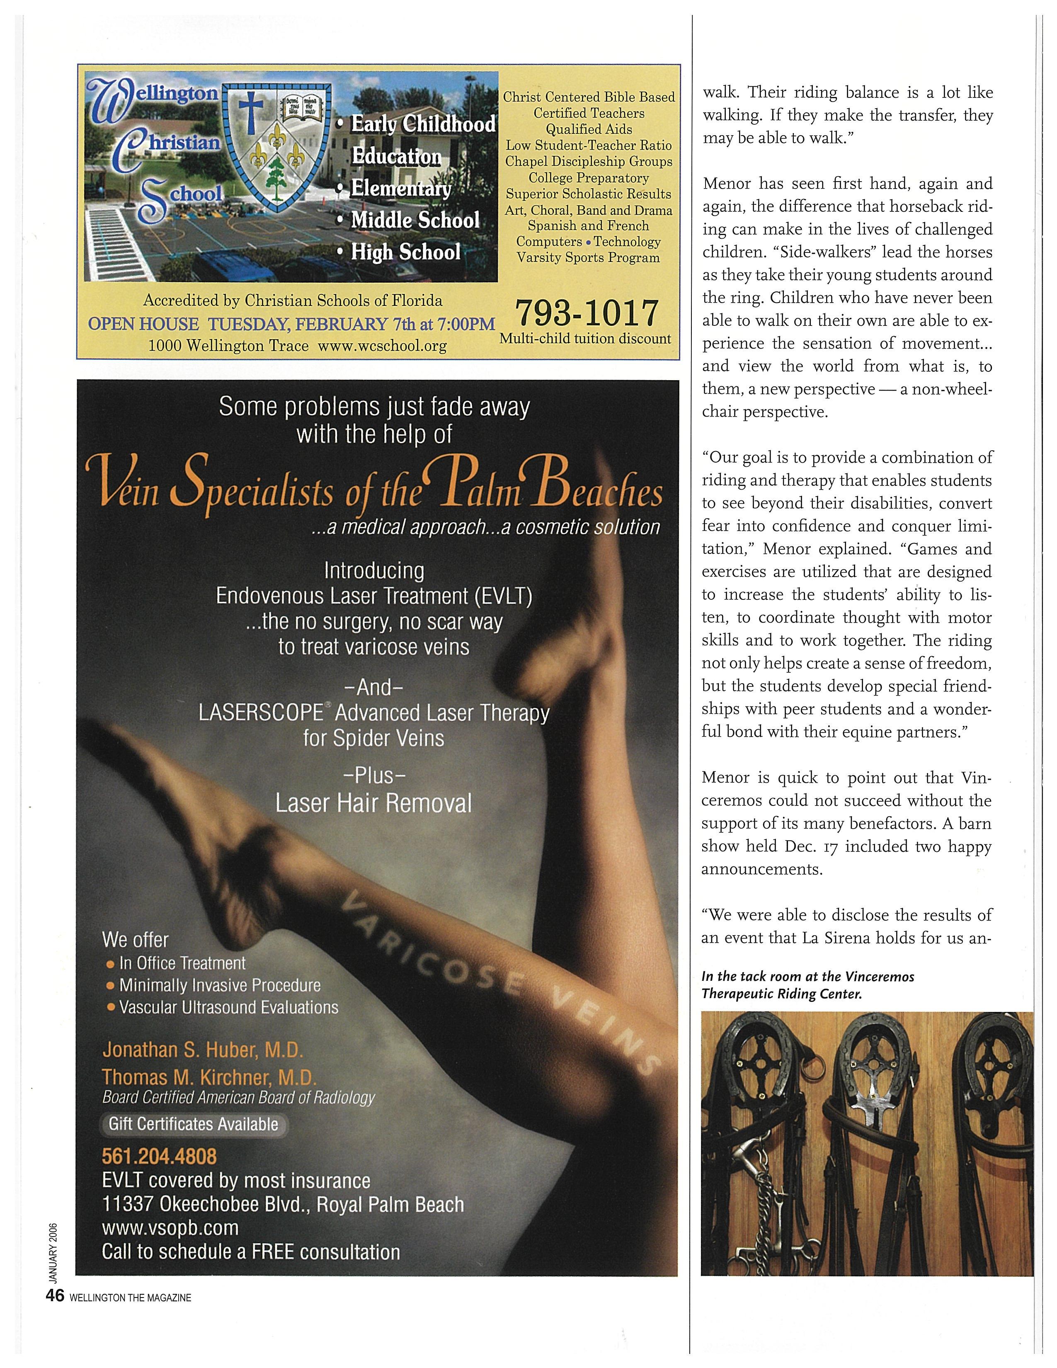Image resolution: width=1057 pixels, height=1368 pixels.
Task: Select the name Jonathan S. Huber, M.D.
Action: [x=202, y=1049]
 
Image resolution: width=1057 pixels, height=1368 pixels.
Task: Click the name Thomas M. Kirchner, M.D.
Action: [x=209, y=1077]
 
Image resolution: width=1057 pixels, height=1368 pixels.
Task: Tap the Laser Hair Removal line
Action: [x=374, y=803]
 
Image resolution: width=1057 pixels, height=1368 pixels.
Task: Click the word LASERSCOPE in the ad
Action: [x=260, y=713]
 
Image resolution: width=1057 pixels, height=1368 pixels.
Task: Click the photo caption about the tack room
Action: [x=808, y=985]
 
